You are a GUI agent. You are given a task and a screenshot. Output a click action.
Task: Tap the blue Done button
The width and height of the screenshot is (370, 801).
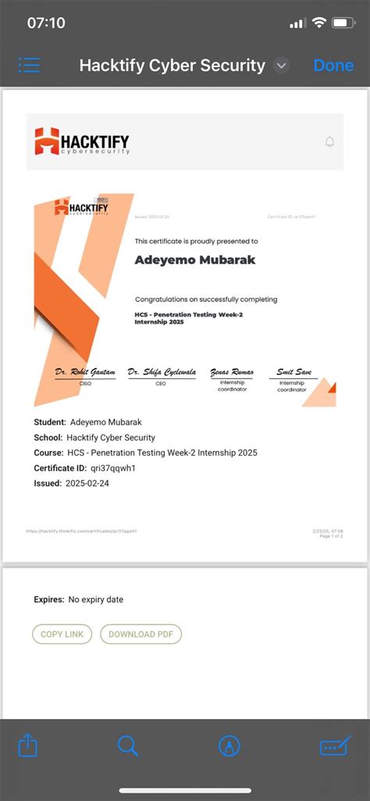coord(333,66)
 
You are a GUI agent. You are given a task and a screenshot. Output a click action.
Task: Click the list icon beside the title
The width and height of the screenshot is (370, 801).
coord(30,65)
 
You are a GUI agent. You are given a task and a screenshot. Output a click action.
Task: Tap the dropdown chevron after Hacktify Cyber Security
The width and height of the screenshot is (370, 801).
coord(282,66)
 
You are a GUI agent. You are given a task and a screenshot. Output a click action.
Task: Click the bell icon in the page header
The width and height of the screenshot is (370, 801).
coord(329,141)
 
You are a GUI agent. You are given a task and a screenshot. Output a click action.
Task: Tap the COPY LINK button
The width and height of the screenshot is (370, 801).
coord(62,634)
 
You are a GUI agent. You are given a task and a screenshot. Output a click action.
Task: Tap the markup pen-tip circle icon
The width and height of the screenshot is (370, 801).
coord(229,746)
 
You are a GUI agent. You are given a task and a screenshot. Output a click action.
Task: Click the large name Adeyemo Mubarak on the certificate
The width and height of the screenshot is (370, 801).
coord(194,259)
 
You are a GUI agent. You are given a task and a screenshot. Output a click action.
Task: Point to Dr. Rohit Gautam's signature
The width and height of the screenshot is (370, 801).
coord(85,372)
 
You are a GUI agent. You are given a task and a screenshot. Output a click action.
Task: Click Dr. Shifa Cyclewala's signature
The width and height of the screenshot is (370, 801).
coord(162,372)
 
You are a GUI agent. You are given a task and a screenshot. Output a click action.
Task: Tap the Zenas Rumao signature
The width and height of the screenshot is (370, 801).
coord(232,373)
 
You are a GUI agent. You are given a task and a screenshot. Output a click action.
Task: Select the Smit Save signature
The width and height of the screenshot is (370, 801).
coord(294,373)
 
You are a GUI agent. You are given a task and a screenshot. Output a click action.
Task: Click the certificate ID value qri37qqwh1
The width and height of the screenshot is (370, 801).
coord(113,468)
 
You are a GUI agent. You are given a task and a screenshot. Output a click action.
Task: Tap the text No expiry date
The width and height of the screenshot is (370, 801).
coord(96,599)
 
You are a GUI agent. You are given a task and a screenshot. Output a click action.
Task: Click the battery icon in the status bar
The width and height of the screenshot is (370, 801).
coord(343,23)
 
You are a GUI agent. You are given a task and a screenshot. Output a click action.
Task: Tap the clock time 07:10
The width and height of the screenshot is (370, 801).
coord(46,23)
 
